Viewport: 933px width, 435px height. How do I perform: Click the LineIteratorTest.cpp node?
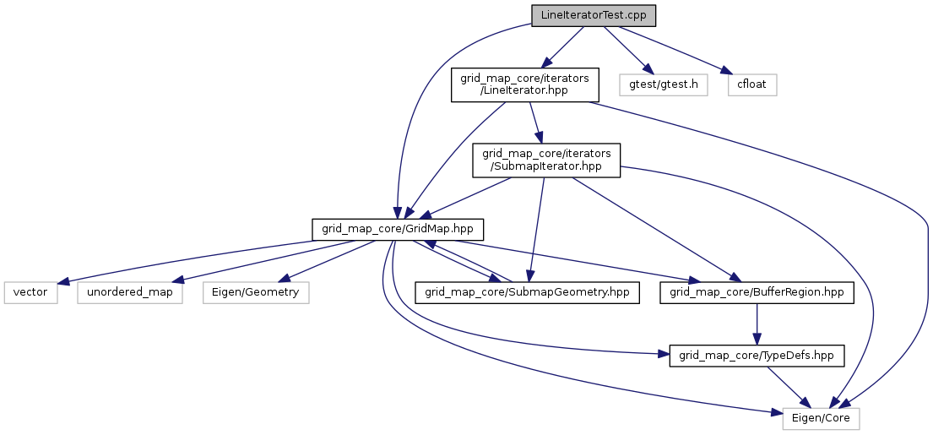(x=594, y=16)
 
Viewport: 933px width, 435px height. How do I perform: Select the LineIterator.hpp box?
(x=525, y=85)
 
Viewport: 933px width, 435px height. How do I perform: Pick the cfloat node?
(x=751, y=85)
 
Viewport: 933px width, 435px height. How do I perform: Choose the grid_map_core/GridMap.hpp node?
(x=398, y=228)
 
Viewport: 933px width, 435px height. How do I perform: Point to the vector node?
(x=30, y=292)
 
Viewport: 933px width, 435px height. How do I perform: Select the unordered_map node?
(x=130, y=292)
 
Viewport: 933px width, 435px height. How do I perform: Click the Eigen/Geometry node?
(x=256, y=292)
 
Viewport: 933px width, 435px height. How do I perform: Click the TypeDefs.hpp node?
(x=757, y=356)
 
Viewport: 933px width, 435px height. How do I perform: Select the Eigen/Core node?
(x=822, y=418)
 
